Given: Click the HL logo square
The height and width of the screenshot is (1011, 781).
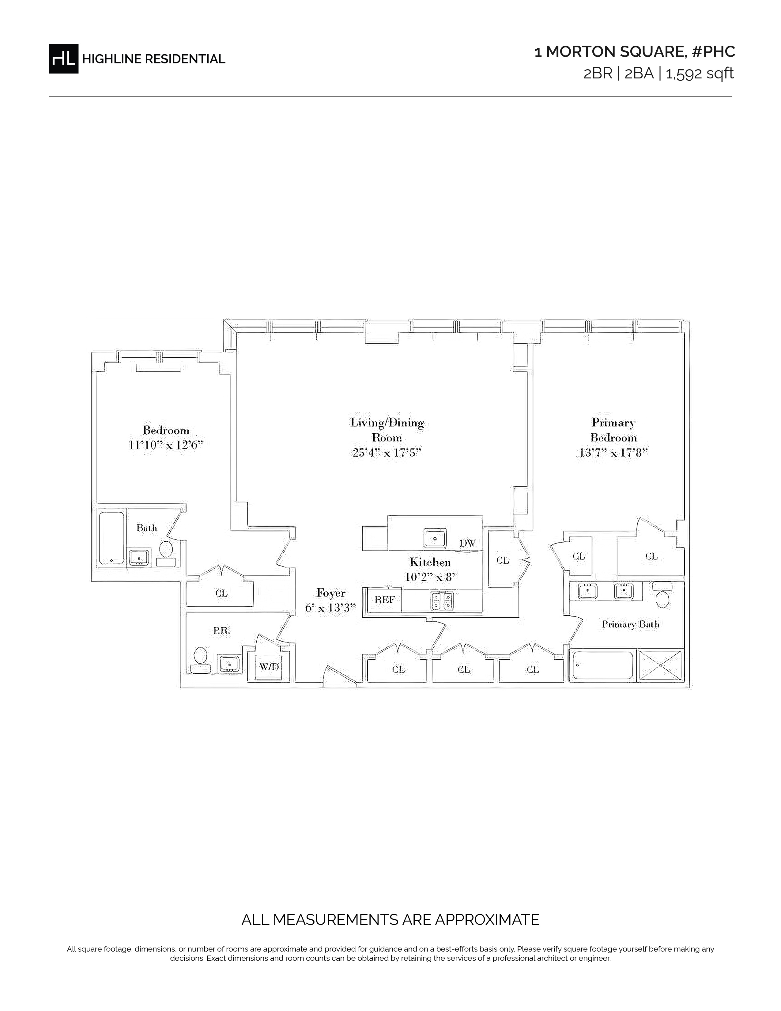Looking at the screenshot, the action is click(x=63, y=58).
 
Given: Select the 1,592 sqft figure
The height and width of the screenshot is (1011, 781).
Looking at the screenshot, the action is click(x=700, y=74).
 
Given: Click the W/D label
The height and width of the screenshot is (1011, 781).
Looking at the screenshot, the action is click(x=269, y=667).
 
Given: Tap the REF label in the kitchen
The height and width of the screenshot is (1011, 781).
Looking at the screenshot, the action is click(x=384, y=600).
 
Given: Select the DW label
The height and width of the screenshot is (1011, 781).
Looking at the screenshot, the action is click(x=467, y=543).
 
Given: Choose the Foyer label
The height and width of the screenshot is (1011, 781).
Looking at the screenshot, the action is click(x=331, y=593).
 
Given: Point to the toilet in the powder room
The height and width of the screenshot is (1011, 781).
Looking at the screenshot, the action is click(x=200, y=660).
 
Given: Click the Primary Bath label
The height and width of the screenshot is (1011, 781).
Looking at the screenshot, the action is click(x=630, y=624).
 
